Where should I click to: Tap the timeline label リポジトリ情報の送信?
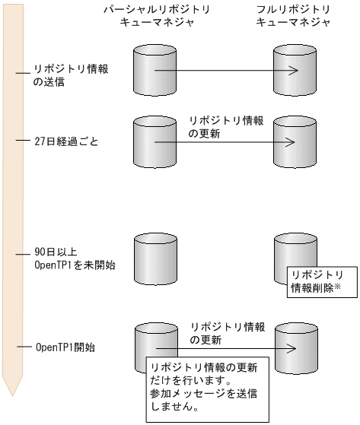pos(71,75)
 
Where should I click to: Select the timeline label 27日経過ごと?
pos(66,141)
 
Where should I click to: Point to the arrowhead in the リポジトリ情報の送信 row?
pos(292,72)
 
